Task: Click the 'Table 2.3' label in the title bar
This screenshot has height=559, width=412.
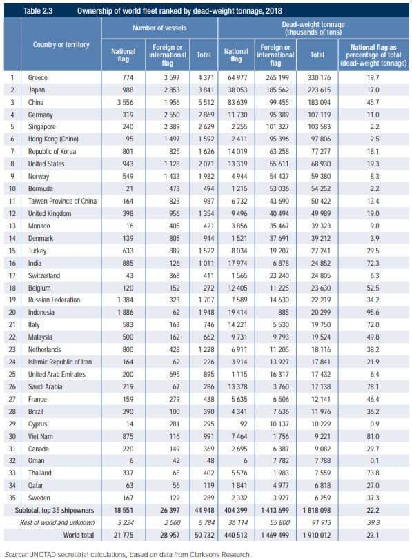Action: pyautogui.click(x=38, y=11)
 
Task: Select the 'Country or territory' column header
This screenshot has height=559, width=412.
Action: pyautogui.click(x=61, y=45)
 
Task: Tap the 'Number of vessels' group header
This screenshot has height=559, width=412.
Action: pyautogui.click(x=159, y=28)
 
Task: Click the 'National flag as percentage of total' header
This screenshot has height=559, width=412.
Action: pyautogui.click(x=373, y=55)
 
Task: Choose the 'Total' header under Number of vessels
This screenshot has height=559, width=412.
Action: pyautogui.click(x=204, y=55)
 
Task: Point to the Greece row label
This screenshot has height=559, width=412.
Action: pyautogui.click(x=38, y=77)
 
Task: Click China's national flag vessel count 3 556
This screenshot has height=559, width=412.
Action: pyautogui.click(x=125, y=102)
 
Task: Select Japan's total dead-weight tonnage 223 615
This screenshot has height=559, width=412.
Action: pyautogui.click(x=319, y=90)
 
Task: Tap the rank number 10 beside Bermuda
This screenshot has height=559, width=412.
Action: pyautogui.click(x=12, y=188)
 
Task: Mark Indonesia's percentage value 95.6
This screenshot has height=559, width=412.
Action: pyautogui.click(x=373, y=313)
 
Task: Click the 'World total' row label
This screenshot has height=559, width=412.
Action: pyautogui.click(x=79, y=535)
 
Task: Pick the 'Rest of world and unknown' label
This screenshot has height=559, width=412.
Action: pyautogui.click(x=57, y=522)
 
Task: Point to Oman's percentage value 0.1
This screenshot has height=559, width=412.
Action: pyautogui.click(x=374, y=460)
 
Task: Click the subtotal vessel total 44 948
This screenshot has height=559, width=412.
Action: pyautogui.click(x=204, y=510)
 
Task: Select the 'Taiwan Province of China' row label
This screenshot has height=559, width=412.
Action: pyautogui.click(x=62, y=201)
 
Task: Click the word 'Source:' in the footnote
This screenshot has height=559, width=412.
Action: pyautogui.click(x=16, y=554)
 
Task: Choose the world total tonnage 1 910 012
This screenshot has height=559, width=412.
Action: pyautogui.click(x=317, y=535)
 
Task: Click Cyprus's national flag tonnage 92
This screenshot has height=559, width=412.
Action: pyautogui.click(x=244, y=424)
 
